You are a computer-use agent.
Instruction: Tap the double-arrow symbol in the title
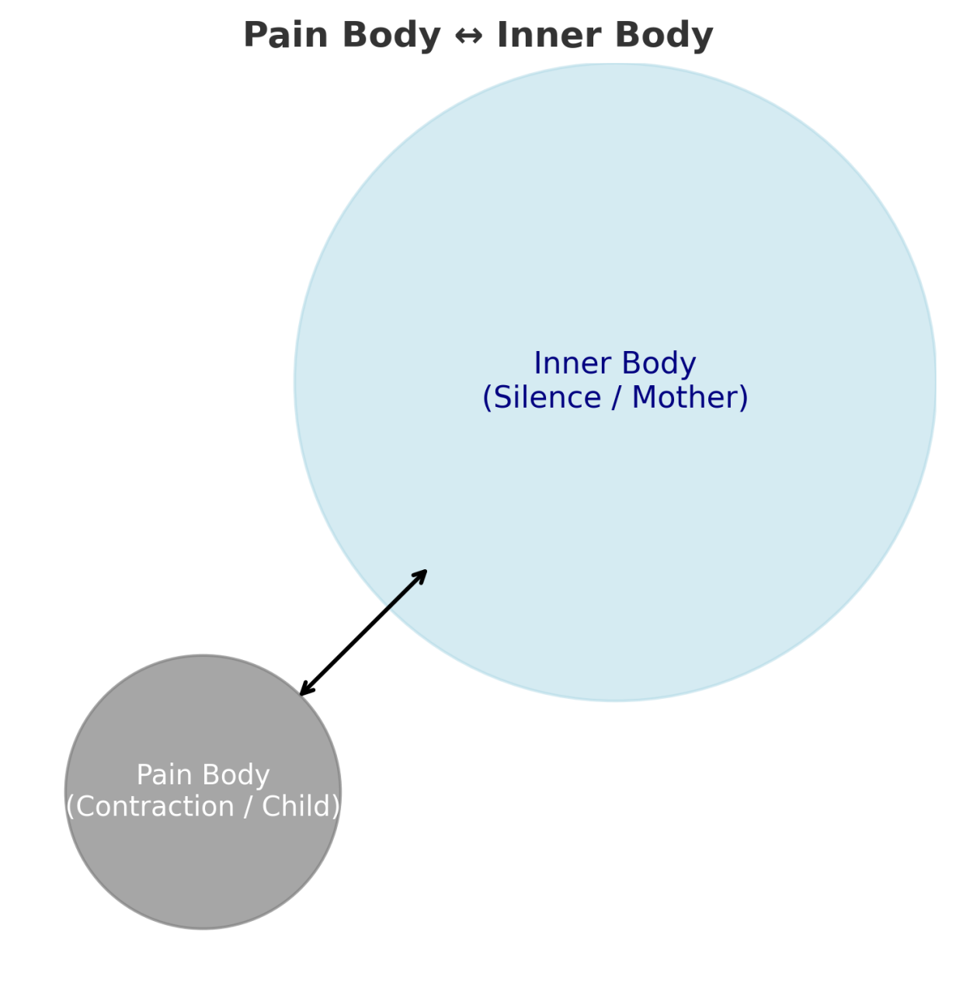click(468, 36)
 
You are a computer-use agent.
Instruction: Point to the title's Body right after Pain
click(390, 36)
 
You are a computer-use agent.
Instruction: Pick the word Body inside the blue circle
click(658, 363)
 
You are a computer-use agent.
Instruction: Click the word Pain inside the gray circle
click(161, 775)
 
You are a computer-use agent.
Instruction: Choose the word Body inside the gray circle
click(234, 775)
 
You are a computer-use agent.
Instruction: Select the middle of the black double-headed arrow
click(363, 632)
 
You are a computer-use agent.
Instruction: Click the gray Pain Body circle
click(203, 870)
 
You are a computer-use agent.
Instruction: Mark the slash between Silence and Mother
click(616, 398)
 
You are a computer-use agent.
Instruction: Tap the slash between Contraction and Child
click(248, 807)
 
